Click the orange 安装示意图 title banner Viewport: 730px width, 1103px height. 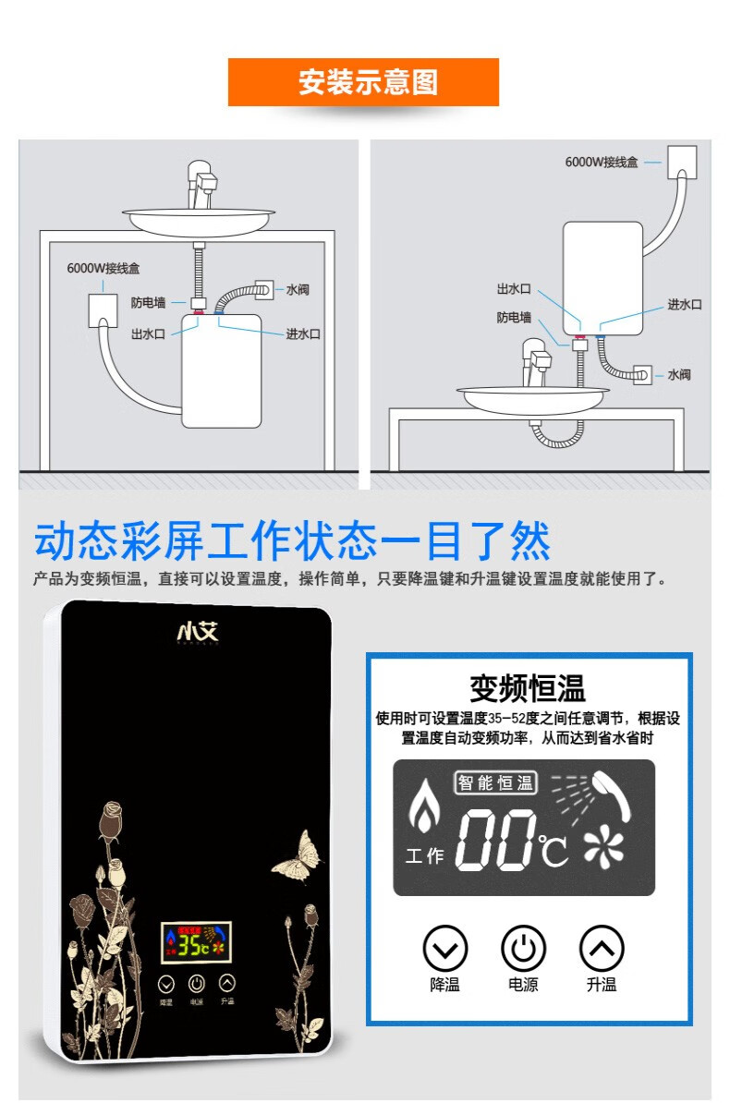click(x=363, y=82)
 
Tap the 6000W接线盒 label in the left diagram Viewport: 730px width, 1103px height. click(x=103, y=269)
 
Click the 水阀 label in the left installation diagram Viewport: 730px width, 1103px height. click(x=297, y=290)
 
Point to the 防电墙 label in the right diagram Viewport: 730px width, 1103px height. click(x=514, y=318)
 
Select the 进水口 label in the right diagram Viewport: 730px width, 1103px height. click(x=685, y=305)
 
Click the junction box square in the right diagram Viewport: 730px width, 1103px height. click(x=681, y=163)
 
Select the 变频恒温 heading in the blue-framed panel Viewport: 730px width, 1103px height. click(x=528, y=688)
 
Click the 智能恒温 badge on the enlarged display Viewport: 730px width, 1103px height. click(x=496, y=783)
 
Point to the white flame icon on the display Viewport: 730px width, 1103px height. click(x=424, y=806)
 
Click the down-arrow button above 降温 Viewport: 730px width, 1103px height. click(x=444, y=949)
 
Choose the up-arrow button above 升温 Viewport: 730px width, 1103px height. click(x=602, y=949)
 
